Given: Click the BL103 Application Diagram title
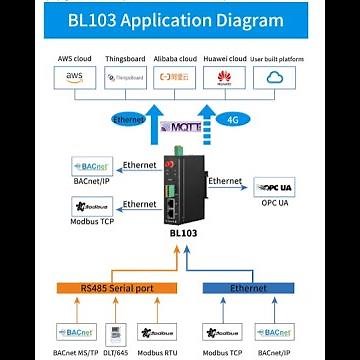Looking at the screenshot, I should coord(180,21).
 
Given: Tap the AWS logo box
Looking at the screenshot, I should coord(75,77).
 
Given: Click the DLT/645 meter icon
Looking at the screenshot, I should coord(117,331).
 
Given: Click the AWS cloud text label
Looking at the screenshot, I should coord(72,61).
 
